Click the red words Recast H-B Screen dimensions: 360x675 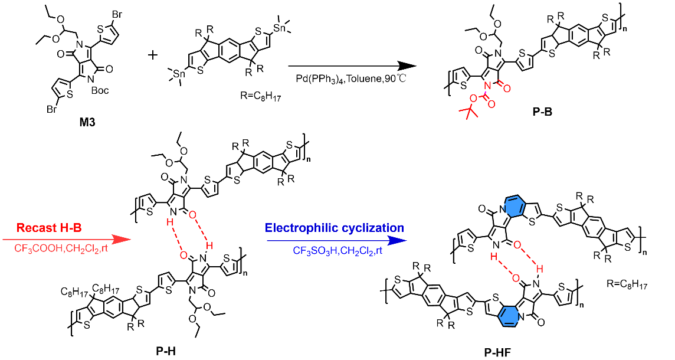[49, 228]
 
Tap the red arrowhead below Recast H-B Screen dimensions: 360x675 [122, 239]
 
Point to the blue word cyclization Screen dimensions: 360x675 [372, 228]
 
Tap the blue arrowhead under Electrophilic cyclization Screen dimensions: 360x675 [397, 240]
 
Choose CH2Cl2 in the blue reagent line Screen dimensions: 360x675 [358, 251]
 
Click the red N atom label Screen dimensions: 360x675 [487, 86]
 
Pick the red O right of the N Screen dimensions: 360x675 [507, 89]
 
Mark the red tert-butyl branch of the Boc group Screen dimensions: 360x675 [469, 111]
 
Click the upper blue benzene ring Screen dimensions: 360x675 [514, 207]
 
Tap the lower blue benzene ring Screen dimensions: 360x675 [509, 316]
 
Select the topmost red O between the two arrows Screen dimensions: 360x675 [192, 215]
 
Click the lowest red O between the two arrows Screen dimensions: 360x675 [184, 256]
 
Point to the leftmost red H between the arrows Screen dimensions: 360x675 [170, 222]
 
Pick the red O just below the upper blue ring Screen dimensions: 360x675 [517, 245]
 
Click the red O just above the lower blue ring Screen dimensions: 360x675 [516, 279]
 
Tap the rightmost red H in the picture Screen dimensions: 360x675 [539, 269]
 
